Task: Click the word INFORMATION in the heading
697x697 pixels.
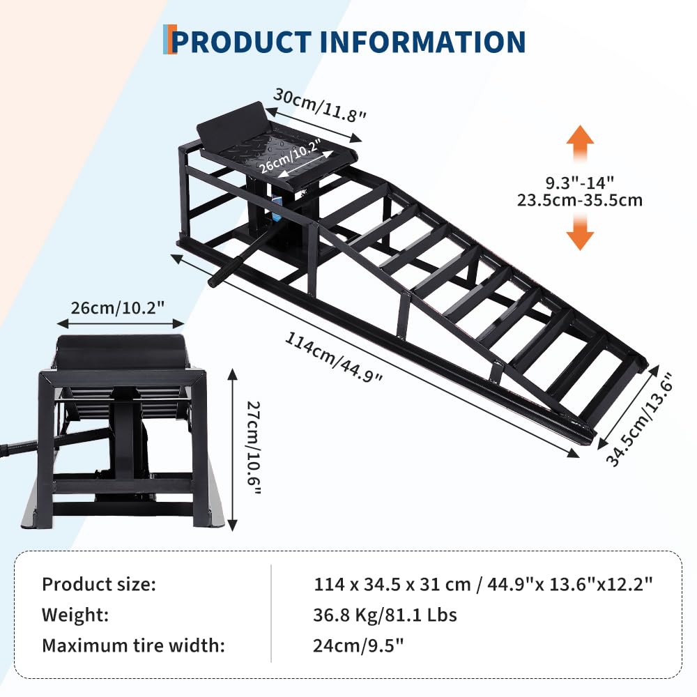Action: (x=422, y=43)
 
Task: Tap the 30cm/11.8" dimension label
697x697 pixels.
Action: (x=320, y=105)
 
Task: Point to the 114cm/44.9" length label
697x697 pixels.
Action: (x=333, y=357)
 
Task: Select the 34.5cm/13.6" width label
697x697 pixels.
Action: (x=639, y=419)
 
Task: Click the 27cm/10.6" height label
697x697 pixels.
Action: (x=254, y=447)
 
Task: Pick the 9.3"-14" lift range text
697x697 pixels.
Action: (x=580, y=183)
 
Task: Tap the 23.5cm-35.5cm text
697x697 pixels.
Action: (x=580, y=201)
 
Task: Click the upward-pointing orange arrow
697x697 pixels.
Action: (x=580, y=142)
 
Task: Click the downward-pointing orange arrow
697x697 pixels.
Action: (x=580, y=232)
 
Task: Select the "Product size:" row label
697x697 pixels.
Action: (x=99, y=584)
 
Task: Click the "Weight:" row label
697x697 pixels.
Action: (x=75, y=615)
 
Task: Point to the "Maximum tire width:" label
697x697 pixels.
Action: (x=133, y=645)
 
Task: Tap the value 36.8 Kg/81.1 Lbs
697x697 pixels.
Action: (x=385, y=615)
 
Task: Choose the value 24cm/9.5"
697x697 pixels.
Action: (x=358, y=645)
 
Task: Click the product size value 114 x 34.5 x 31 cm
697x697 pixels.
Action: (x=392, y=584)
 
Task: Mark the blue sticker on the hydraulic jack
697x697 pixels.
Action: (x=277, y=203)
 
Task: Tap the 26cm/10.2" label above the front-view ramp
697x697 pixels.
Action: (x=118, y=307)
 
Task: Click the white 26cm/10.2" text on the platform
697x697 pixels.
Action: (x=290, y=156)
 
